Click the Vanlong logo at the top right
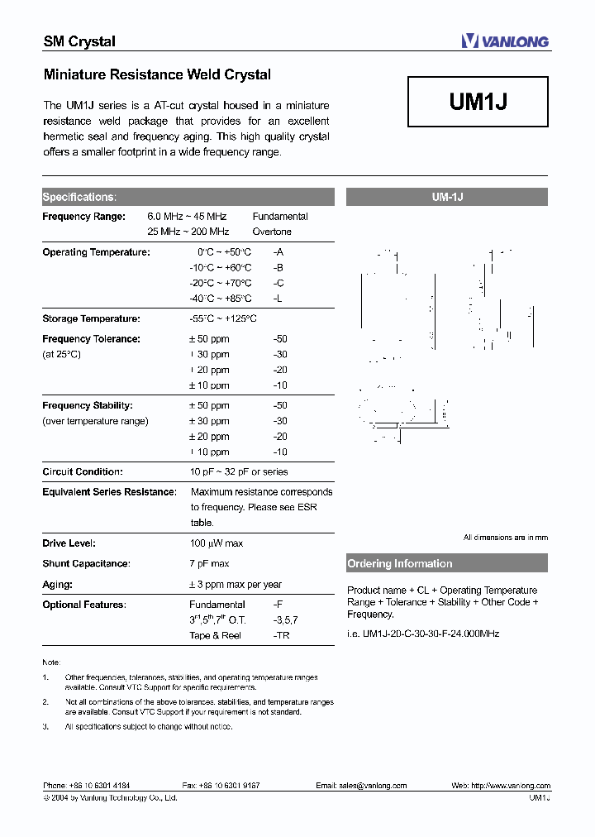[x=504, y=41]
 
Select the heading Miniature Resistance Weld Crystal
[x=157, y=74]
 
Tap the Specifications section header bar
[x=188, y=197]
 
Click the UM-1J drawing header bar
[x=446, y=197]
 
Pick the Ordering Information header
[x=446, y=564]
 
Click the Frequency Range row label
[x=83, y=217]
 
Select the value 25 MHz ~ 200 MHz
[x=188, y=232]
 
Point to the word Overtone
[x=272, y=232]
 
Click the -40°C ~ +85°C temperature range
[x=220, y=299]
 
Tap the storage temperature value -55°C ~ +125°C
[x=223, y=318]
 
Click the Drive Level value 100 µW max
[x=217, y=543]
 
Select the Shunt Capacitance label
[x=86, y=563]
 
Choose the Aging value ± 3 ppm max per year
[x=236, y=585]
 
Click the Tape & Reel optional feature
[x=216, y=635]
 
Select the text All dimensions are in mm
[x=505, y=538]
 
